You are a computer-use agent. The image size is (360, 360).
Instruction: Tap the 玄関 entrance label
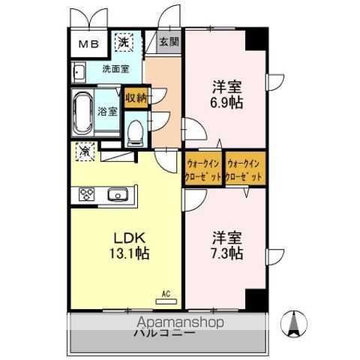[169, 42]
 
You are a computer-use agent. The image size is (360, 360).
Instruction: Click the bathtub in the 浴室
[82, 111]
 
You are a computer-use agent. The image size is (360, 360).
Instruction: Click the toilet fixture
[135, 133]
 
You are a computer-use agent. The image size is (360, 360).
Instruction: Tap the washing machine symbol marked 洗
[122, 43]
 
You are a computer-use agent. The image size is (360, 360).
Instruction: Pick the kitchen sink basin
[117, 196]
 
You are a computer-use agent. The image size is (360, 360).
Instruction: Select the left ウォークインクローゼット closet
[202, 169]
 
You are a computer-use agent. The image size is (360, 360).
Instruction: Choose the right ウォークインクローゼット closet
[244, 169]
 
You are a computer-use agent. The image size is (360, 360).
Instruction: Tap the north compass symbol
[293, 324]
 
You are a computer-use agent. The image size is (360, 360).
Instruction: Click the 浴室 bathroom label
[107, 112]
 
